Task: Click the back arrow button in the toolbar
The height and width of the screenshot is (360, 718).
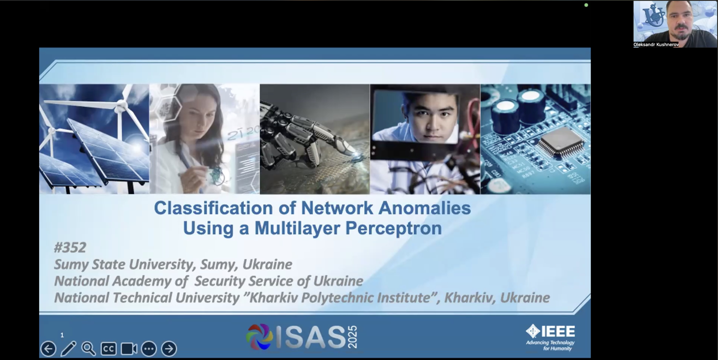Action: (48, 349)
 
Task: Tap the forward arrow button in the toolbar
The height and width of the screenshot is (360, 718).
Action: (169, 349)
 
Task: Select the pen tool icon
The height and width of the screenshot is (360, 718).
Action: (68, 348)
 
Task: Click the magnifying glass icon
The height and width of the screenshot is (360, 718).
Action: (88, 349)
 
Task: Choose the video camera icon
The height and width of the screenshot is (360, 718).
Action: (129, 349)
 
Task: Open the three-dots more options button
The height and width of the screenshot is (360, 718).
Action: (149, 349)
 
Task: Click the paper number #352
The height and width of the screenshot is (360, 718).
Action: (70, 247)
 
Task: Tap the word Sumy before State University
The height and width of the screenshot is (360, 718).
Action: (71, 264)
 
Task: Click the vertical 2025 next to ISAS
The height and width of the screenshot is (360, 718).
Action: (353, 337)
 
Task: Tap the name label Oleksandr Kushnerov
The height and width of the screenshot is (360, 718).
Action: (656, 45)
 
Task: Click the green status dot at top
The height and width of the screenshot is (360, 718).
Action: (586, 5)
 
